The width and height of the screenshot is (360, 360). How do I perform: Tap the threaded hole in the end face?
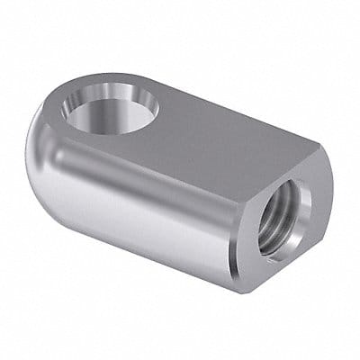tap(287, 216)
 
